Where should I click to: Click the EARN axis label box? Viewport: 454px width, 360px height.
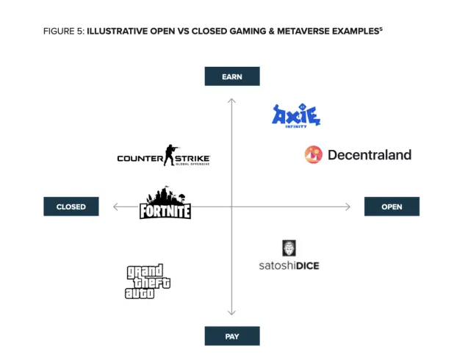(x=232, y=76)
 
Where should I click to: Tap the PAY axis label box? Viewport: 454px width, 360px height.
(x=232, y=336)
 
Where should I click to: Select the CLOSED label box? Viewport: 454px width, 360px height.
(x=71, y=206)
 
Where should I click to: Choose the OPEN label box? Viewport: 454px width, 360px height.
(x=392, y=206)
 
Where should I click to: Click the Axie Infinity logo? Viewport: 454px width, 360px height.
(x=296, y=116)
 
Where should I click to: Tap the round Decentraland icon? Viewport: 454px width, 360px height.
(x=313, y=155)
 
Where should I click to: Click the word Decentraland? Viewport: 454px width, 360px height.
(x=370, y=155)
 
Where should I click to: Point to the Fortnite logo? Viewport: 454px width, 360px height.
(x=165, y=203)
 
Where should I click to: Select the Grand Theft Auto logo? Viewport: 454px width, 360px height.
(x=148, y=281)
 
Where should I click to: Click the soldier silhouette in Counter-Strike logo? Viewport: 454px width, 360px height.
(x=170, y=155)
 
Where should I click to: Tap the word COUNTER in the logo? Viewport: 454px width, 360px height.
(x=140, y=159)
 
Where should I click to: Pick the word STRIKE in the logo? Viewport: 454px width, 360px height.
(x=192, y=159)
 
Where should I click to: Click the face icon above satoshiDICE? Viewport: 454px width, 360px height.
(x=289, y=248)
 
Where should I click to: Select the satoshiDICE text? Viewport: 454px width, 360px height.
(x=289, y=265)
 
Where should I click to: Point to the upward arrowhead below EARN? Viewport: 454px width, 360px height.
(x=231, y=101)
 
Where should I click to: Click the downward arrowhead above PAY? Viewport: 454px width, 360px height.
(x=231, y=312)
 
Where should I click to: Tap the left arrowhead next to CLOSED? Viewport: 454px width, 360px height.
(x=116, y=206)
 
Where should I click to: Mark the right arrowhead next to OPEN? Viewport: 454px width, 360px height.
(x=347, y=206)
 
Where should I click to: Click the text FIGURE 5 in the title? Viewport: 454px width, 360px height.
(x=64, y=32)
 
